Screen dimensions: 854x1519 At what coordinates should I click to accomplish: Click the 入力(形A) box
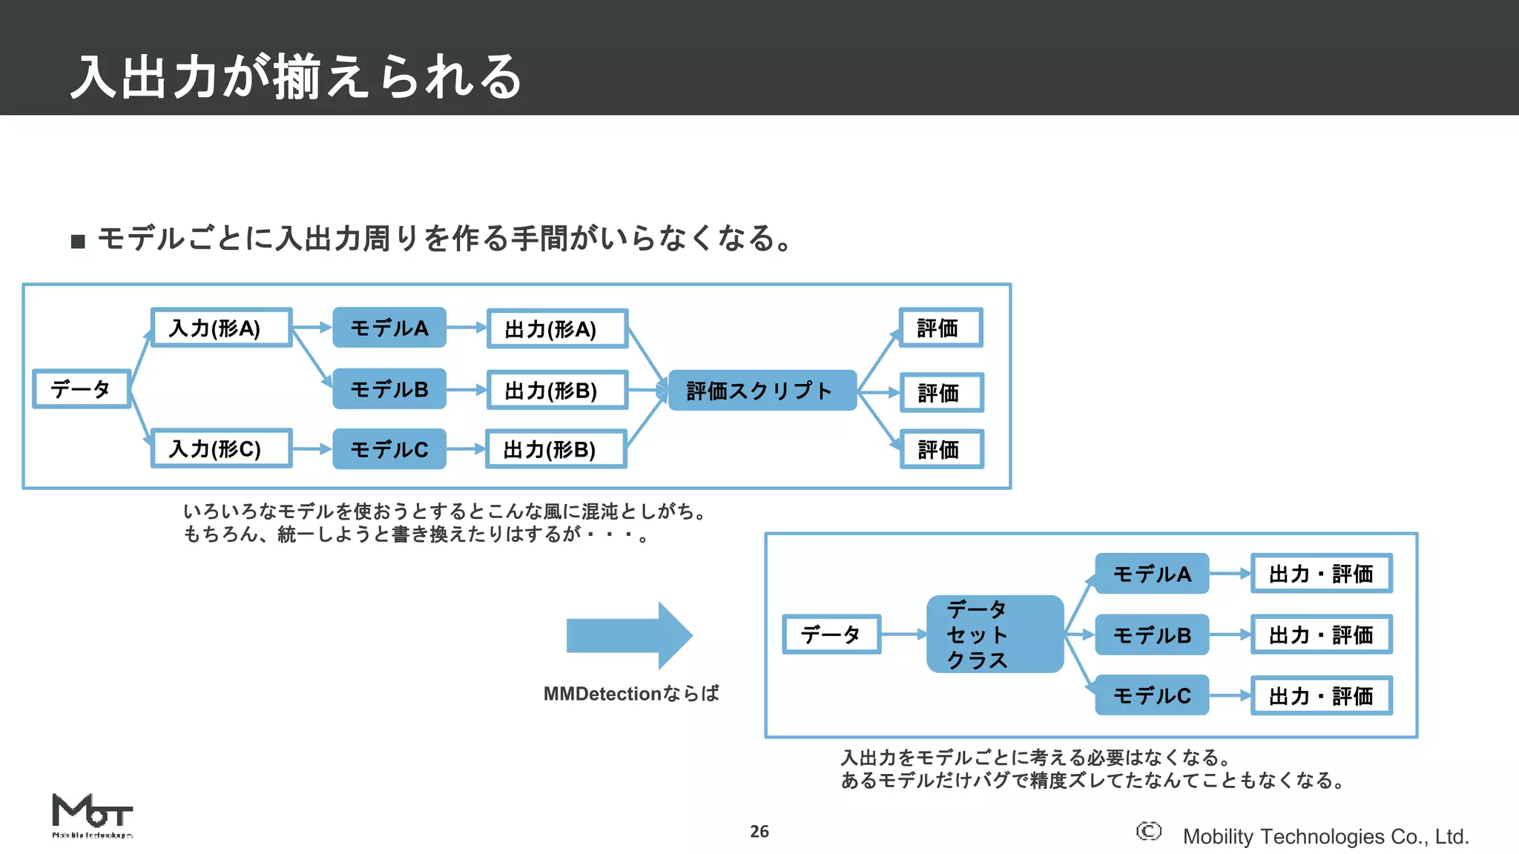click(x=221, y=328)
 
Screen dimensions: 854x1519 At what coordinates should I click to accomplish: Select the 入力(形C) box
click(x=221, y=448)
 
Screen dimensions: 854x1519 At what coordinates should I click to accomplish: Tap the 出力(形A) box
click(x=557, y=328)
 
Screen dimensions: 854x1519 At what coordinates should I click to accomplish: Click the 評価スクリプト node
click(x=762, y=391)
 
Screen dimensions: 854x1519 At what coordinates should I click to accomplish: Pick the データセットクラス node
click(x=994, y=635)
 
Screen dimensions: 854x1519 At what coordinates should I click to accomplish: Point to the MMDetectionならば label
click(x=631, y=694)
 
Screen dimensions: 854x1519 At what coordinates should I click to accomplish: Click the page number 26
click(x=759, y=832)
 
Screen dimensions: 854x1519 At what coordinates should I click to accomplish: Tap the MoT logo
click(x=92, y=814)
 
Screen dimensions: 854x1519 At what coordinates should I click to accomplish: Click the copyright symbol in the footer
click(x=1148, y=832)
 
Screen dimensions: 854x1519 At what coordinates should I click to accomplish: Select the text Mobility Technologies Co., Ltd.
click(x=1325, y=837)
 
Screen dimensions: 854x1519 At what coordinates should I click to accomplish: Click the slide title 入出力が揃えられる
click(x=297, y=76)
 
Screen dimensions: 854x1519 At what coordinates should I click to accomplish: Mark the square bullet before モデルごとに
click(x=78, y=242)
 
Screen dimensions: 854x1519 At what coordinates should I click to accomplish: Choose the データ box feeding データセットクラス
click(x=831, y=635)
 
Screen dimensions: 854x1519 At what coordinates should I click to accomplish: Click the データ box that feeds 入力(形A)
click(x=82, y=388)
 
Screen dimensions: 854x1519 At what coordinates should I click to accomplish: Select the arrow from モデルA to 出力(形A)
click(x=466, y=328)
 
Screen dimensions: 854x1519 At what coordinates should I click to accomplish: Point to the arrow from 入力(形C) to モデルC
click(x=312, y=449)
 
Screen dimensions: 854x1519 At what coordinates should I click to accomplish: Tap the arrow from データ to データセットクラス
click(x=903, y=635)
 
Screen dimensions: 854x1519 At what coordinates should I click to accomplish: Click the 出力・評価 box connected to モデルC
click(x=1321, y=695)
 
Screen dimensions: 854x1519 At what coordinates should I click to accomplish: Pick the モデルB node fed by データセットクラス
click(x=1152, y=635)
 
